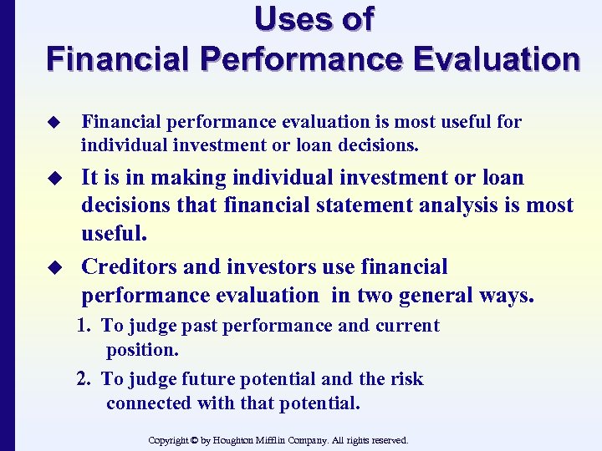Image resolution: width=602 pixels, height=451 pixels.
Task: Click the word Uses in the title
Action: coord(288,18)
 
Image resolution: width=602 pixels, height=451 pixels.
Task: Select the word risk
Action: coord(405,379)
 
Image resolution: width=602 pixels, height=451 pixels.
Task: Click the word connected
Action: coord(148,403)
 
